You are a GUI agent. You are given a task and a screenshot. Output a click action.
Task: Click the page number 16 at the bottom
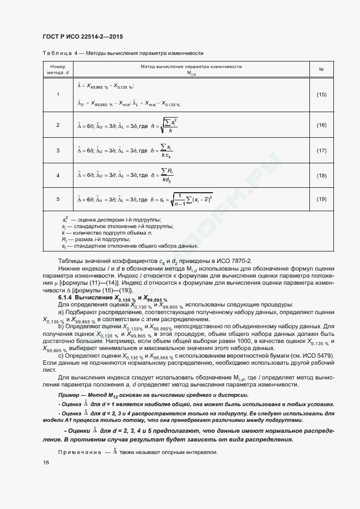pyautogui.click(x=46, y=462)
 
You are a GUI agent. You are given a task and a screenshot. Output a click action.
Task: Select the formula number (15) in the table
pyautogui.click(x=321, y=95)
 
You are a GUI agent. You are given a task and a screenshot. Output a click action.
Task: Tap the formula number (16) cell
pyautogui.click(x=321, y=125)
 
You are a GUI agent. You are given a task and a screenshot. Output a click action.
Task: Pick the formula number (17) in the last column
pyautogui.click(x=321, y=150)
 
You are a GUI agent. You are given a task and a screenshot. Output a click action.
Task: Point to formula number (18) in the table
pyautogui.click(x=321, y=175)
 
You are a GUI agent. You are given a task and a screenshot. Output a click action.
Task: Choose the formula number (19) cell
pyautogui.click(x=321, y=199)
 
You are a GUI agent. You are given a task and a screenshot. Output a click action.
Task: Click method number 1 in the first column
pyautogui.click(x=58, y=95)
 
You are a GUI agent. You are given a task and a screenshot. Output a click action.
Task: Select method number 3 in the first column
pyautogui.click(x=58, y=150)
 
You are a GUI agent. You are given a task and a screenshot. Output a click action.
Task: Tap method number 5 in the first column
pyautogui.click(x=58, y=199)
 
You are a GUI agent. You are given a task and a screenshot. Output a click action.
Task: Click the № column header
pyautogui.click(x=321, y=69)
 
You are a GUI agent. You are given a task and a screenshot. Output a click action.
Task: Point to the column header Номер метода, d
pyautogui.click(x=58, y=69)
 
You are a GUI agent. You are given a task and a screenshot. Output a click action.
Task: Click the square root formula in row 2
pyautogui.click(x=170, y=125)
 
